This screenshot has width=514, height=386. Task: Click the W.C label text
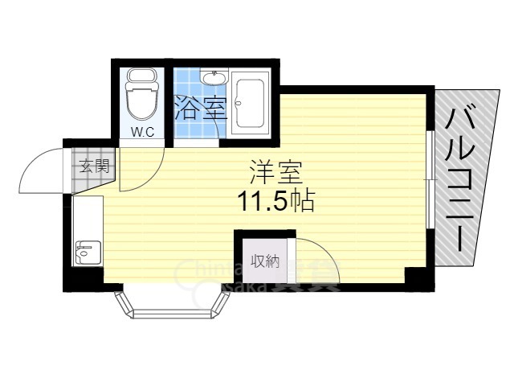pyautogui.click(x=143, y=132)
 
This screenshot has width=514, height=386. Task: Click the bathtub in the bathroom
pyautogui.click(x=252, y=105)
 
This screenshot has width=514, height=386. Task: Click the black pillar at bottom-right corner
pyautogui.click(x=418, y=277)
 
